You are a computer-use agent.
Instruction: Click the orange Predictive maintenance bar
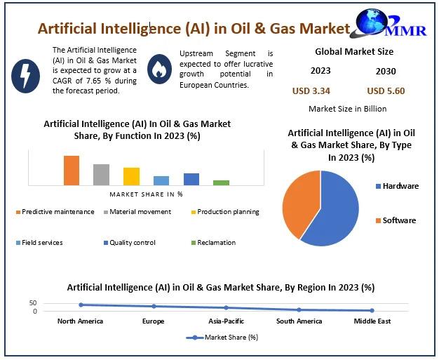coord(72,171)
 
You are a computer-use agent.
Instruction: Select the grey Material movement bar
coord(102,175)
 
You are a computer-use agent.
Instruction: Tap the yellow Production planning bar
coord(132,176)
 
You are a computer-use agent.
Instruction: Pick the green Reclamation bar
coord(222,182)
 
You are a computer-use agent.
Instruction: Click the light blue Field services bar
coord(161,180)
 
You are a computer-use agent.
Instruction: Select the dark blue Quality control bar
coord(191,179)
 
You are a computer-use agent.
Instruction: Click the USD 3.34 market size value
coord(311,91)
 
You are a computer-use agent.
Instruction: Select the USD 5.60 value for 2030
coord(386,91)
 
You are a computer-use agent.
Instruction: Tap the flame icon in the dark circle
coord(160,69)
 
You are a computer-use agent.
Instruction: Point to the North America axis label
coord(80,321)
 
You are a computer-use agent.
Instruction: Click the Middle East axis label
coord(372,321)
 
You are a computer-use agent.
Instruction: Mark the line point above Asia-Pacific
coord(226,307)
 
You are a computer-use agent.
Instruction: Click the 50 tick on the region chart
coord(33,303)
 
